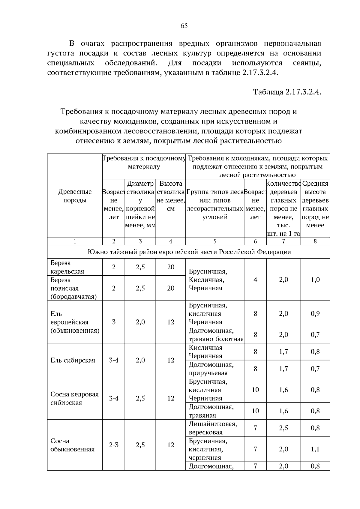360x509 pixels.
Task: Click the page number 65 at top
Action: (184, 26)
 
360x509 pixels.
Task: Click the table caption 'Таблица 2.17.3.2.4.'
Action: (287, 92)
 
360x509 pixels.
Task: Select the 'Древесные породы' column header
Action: (75, 196)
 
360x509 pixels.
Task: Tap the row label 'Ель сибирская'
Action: (73, 360)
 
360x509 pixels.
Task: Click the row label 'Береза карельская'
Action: (67, 267)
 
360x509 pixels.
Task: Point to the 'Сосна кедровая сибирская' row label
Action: (74, 398)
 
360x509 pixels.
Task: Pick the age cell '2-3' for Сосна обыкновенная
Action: (113, 445)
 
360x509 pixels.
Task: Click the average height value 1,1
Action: (315, 449)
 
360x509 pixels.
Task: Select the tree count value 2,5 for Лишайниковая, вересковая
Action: (283, 428)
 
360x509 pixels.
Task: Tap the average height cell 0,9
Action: (315, 314)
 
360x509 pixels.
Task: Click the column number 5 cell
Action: (215, 241)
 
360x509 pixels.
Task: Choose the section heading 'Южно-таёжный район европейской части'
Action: (189, 252)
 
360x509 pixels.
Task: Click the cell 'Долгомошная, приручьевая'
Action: (211, 369)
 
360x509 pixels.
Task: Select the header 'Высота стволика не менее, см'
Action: (171, 196)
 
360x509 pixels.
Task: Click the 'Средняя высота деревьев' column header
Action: (315, 204)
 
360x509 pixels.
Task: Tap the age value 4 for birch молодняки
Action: (255, 280)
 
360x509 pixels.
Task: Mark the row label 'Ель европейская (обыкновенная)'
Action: (74, 322)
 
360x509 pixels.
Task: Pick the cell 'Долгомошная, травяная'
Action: (211, 411)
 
